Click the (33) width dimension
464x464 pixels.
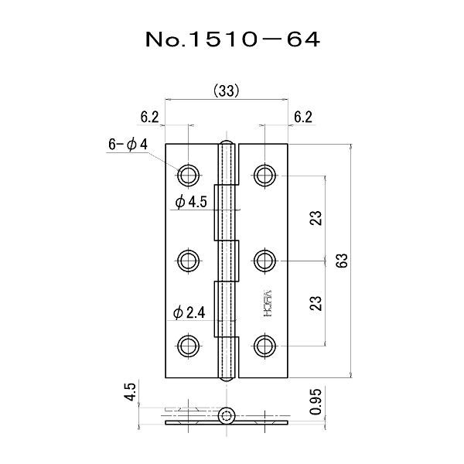pos(225,90)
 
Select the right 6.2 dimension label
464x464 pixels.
pos(302,118)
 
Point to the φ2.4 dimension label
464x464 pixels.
pos(189,312)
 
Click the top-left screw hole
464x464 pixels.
pos(189,173)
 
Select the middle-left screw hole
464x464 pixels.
pos(189,259)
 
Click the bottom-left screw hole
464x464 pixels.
pos(189,345)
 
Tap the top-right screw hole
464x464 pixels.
pos(264,173)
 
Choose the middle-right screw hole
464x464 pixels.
pos(264,259)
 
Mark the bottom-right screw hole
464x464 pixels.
pos(264,345)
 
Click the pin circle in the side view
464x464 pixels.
pos(227,417)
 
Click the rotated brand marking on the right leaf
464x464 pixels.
pos(261,299)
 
